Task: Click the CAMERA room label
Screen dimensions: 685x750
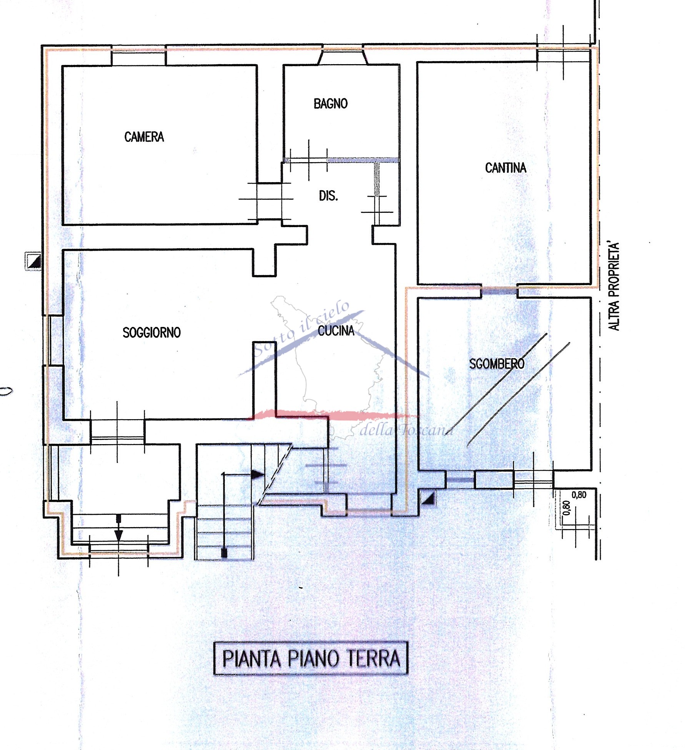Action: (144, 137)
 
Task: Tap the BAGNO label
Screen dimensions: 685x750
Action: (331, 104)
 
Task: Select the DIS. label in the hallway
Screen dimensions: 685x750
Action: (328, 196)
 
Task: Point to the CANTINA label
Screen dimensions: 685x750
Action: (505, 168)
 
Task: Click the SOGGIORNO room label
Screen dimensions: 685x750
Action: (151, 332)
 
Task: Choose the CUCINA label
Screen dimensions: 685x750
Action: (336, 331)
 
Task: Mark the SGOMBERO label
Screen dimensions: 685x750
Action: (497, 364)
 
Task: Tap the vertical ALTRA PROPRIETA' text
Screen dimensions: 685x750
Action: (614, 286)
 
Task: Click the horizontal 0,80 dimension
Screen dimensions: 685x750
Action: (579, 495)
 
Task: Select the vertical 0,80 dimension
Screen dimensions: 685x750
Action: (567, 508)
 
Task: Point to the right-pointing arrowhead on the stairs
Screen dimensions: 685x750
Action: (257, 475)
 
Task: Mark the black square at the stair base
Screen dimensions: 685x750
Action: (224, 553)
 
